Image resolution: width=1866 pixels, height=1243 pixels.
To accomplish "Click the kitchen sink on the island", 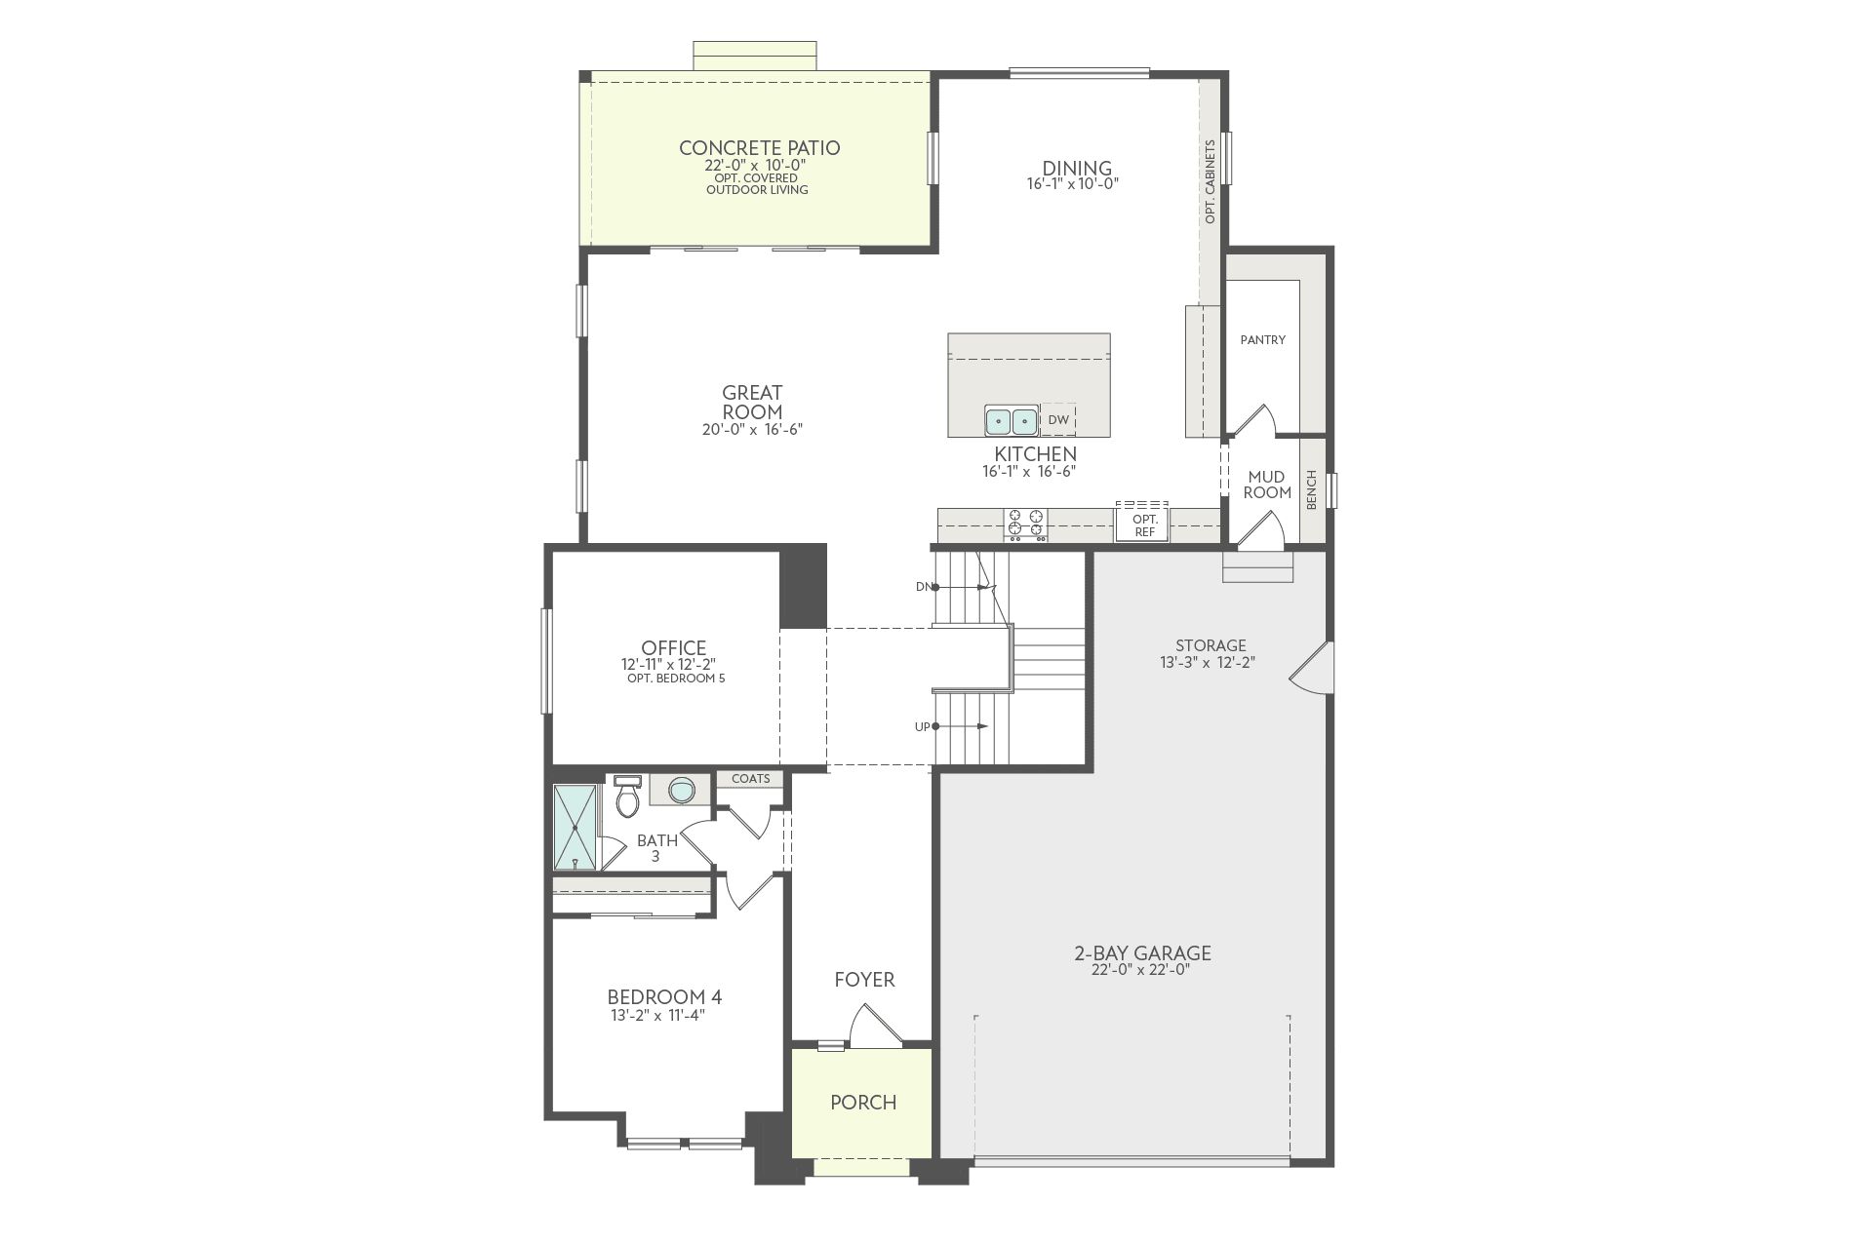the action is point(1011,421).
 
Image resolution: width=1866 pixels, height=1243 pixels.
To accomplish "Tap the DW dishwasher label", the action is point(1058,420).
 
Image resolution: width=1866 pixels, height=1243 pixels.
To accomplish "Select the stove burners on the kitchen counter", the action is point(1026,524).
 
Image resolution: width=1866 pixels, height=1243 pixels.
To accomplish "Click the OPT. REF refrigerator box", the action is point(1143,524).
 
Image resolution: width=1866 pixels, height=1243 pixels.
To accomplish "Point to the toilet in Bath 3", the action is point(628,796).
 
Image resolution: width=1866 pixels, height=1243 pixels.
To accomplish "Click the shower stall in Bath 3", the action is point(576,827).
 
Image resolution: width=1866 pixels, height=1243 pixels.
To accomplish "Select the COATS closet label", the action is point(751,779).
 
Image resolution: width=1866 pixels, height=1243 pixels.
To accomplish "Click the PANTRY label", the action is point(1263,340).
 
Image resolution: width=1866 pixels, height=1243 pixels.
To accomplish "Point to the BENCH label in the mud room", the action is point(1311,489).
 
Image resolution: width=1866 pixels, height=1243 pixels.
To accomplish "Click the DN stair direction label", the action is point(924,587).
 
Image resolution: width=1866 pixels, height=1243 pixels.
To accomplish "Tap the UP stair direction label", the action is point(923,727).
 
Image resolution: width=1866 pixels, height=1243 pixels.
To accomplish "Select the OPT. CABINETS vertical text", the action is point(1211,182).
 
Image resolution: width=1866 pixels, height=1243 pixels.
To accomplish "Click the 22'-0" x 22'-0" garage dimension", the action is point(1141,970).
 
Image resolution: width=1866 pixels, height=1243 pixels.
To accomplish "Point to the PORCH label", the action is point(863,1103).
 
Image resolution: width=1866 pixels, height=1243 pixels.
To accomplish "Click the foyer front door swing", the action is point(875,1026).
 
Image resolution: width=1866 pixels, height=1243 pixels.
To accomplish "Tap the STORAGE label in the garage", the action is point(1211,645).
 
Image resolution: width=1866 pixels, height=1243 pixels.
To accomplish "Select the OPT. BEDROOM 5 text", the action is point(676,679).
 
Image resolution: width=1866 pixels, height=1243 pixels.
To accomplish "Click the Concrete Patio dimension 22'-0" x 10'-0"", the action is point(756,166).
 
